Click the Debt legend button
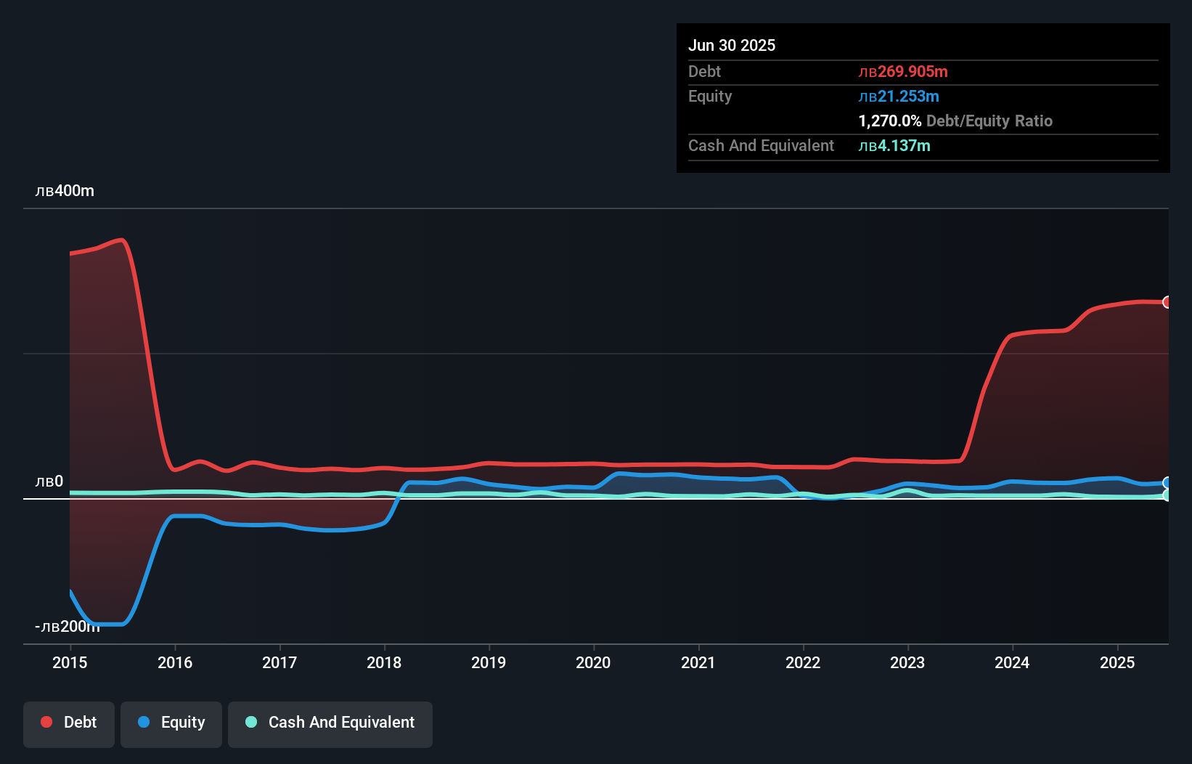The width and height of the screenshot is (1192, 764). click(x=69, y=723)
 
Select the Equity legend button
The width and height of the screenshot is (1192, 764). click(x=171, y=723)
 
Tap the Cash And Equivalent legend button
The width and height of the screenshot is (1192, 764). click(x=330, y=723)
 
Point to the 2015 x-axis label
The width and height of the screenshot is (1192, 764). click(x=70, y=662)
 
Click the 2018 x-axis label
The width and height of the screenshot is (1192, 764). click(x=384, y=662)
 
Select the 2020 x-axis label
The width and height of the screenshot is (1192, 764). click(x=593, y=662)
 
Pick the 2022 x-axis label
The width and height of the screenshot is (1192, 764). click(x=803, y=662)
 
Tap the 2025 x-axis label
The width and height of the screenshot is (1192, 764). click(x=1117, y=662)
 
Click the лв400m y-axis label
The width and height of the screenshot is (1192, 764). click(x=65, y=191)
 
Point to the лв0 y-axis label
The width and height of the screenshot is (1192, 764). click(x=49, y=481)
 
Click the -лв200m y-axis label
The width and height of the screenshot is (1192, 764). click(x=67, y=627)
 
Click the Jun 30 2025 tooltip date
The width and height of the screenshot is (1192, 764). click(x=732, y=46)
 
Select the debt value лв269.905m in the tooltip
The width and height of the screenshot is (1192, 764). click(x=903, y=72)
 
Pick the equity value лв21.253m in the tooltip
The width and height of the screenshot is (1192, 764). click(x=899, y=97)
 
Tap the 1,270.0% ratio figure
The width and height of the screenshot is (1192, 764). click(x=890, y=121)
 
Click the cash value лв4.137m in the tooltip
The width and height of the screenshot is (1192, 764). click(x=894, y=146)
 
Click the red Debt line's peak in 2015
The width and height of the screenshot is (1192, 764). click(x=122, y=240)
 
